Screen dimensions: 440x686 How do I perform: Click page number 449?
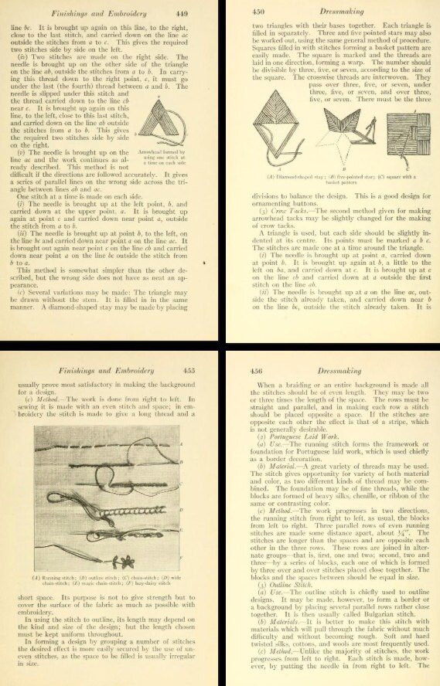[195, 13]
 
